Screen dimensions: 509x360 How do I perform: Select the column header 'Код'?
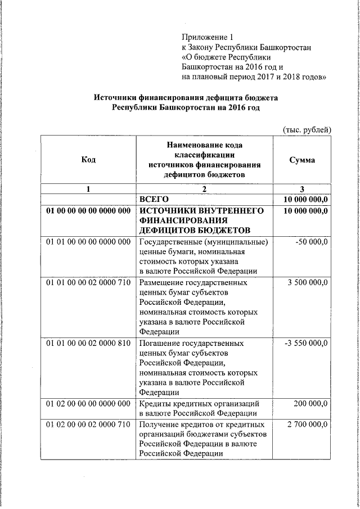[88, 160]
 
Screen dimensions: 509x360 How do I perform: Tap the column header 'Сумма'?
[302, 160]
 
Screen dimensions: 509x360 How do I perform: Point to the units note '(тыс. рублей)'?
[307, 129]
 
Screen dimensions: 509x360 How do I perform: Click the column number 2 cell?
[204, 189]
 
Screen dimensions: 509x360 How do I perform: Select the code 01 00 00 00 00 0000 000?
[88, 210]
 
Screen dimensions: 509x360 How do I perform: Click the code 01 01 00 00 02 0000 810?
[88, 343]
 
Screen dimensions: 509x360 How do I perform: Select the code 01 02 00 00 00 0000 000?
[88, 403]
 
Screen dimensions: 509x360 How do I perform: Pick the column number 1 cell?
[88, 189]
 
